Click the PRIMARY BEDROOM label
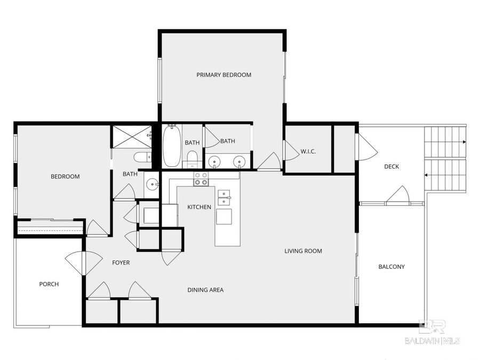coord(223,75)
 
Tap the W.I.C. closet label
coord(308,151)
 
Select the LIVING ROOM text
coord(303,251)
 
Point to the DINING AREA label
coord(205,290)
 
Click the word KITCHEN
coord(199,207)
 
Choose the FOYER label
coord(121,263)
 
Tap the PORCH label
coord(49,284)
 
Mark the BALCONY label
coord(391,267)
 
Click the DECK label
coord(391,166)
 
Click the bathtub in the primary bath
coord(172,146)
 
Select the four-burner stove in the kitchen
coord(201,179)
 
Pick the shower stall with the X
coord(131,136)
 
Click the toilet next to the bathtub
coord(192,158)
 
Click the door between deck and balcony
coord(397,196)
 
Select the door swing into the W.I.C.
coord(291,151)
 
